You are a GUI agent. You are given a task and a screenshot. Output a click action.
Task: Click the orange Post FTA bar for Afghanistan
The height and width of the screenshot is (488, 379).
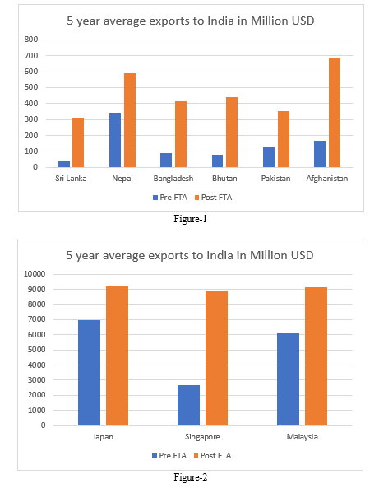point(335,113)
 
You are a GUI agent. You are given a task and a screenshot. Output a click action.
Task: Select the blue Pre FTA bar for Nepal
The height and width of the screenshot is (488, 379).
point(115,140)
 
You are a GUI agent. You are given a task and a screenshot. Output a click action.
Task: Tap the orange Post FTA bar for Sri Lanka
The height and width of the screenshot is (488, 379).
point(78,142)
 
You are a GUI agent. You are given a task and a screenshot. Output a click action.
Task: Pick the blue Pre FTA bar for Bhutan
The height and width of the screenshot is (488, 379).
point(217,161)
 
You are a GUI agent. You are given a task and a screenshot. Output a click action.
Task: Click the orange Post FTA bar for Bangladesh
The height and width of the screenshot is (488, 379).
point(181,134)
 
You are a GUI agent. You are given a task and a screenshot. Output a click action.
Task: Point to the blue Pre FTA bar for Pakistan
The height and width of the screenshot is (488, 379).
point(269,157)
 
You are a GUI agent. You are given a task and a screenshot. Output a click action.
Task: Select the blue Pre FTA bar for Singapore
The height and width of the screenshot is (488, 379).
point(189,405)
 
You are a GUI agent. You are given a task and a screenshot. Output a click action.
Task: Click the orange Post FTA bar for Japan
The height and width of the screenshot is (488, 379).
point(118,356)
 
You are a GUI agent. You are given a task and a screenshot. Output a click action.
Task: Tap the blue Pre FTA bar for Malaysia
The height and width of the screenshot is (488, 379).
point(289,379)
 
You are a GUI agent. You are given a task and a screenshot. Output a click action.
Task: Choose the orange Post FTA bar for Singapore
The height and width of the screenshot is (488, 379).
point(217,358)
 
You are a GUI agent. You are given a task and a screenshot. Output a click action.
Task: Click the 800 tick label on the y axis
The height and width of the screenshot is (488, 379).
point(31,40)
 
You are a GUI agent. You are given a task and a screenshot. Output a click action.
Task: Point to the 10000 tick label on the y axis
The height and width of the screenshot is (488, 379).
point(35,274)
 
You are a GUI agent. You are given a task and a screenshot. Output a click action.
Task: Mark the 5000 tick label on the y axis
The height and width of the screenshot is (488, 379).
point(36,350)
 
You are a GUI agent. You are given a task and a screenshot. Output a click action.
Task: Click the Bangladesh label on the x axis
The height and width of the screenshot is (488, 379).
point(173,179)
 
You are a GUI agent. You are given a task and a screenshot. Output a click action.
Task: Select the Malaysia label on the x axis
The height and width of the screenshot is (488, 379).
point(303,437)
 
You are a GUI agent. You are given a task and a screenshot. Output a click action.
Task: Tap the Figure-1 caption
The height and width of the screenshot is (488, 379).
point(190,219)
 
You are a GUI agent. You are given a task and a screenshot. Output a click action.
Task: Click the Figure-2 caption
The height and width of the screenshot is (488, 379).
point(190,477)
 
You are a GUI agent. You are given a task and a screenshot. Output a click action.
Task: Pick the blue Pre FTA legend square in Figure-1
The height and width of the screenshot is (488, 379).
point(155,198)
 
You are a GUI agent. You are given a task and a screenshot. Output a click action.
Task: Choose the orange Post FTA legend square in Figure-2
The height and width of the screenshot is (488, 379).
point(196,456)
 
